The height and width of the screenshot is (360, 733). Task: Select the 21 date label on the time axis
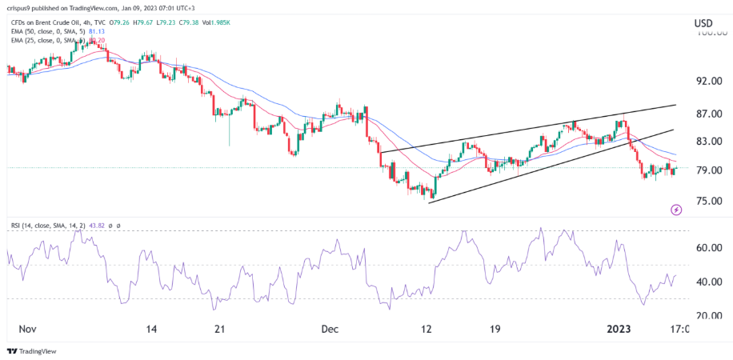[x=222, y=329]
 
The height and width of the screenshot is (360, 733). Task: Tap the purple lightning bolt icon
[x=676, y=210]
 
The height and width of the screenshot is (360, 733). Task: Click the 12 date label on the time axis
[x=427, y=329]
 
